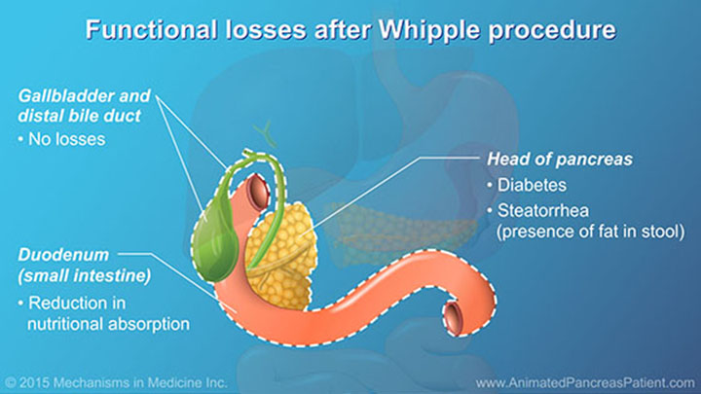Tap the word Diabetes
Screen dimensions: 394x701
pos(535,184)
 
